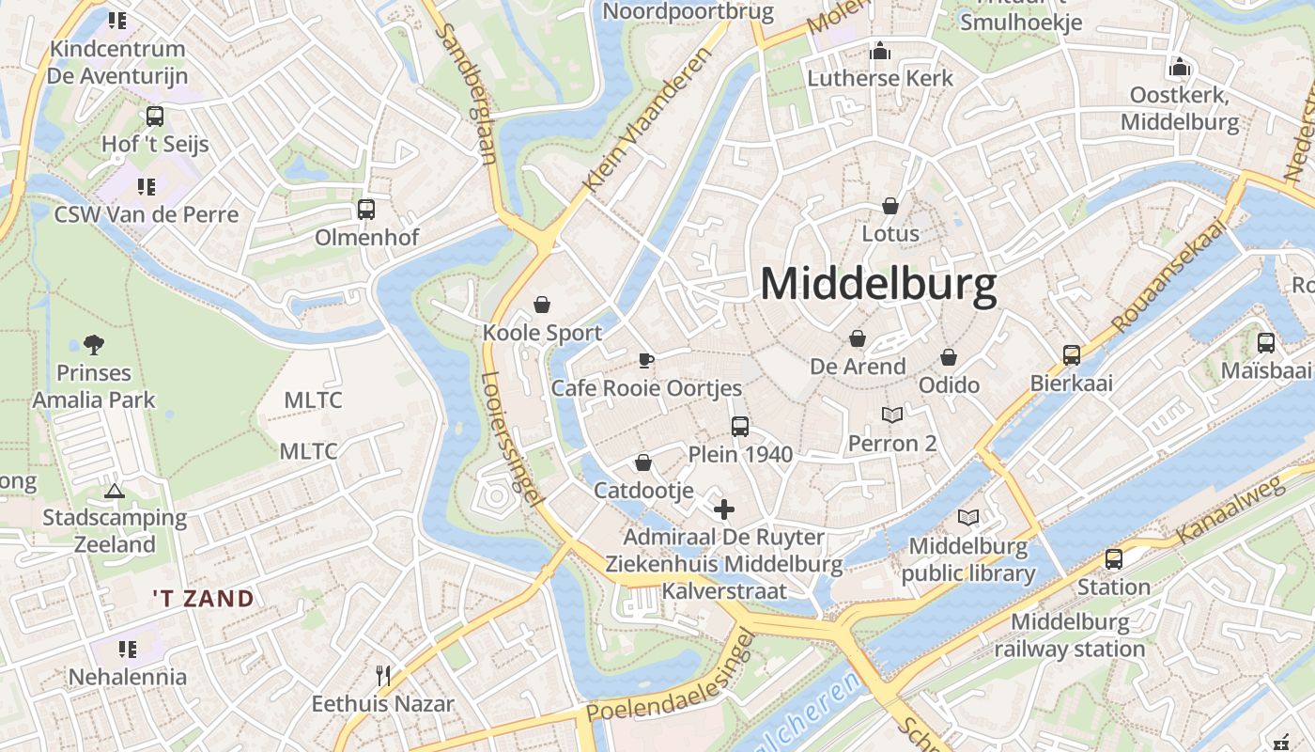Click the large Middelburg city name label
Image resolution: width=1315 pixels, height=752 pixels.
pyautogui.click(x=878, y=284)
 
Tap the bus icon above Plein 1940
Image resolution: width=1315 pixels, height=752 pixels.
pyautogui.click(x=740, y=426)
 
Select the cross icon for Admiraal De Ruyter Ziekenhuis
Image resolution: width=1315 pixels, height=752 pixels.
pyautogui.click(x=723, y=509)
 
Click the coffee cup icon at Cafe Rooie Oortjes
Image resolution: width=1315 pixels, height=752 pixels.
pyautogui.click(x=646, y=359)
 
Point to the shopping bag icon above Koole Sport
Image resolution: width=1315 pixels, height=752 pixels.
pyautogui.click(x=542, y=305)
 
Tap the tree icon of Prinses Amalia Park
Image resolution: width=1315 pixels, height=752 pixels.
pyautogui.click(x=94, y=344)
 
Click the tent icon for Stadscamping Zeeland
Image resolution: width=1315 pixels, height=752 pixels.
pyautogui.click(x=115, y=491)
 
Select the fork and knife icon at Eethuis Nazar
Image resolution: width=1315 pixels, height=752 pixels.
pyautogui.click(x=382, y=675)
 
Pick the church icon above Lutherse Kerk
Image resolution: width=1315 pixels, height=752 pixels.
pyautogui.click(x=880, y=51)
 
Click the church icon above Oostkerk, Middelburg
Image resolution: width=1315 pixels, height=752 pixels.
pyautogui.click(x=1180, y=68)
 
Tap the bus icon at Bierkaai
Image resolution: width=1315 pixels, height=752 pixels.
pyautogui.click(x=1072, y=354)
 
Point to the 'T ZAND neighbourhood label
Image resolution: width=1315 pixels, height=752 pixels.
pyautogui.click(x=204, y=599)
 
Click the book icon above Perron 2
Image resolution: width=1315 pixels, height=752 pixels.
pyautogui.click(x=891, y=415)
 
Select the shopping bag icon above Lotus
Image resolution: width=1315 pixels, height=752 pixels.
pyautogui.click(x=890, y=205)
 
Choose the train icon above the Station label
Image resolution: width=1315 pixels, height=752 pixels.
pyautogui.click(x=1114, y=559)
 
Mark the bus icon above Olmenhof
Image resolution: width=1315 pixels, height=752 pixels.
pyautogui.click(x=366, y=209)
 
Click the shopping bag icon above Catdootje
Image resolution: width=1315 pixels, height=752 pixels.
pyautogui.click(x=643, y=462)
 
